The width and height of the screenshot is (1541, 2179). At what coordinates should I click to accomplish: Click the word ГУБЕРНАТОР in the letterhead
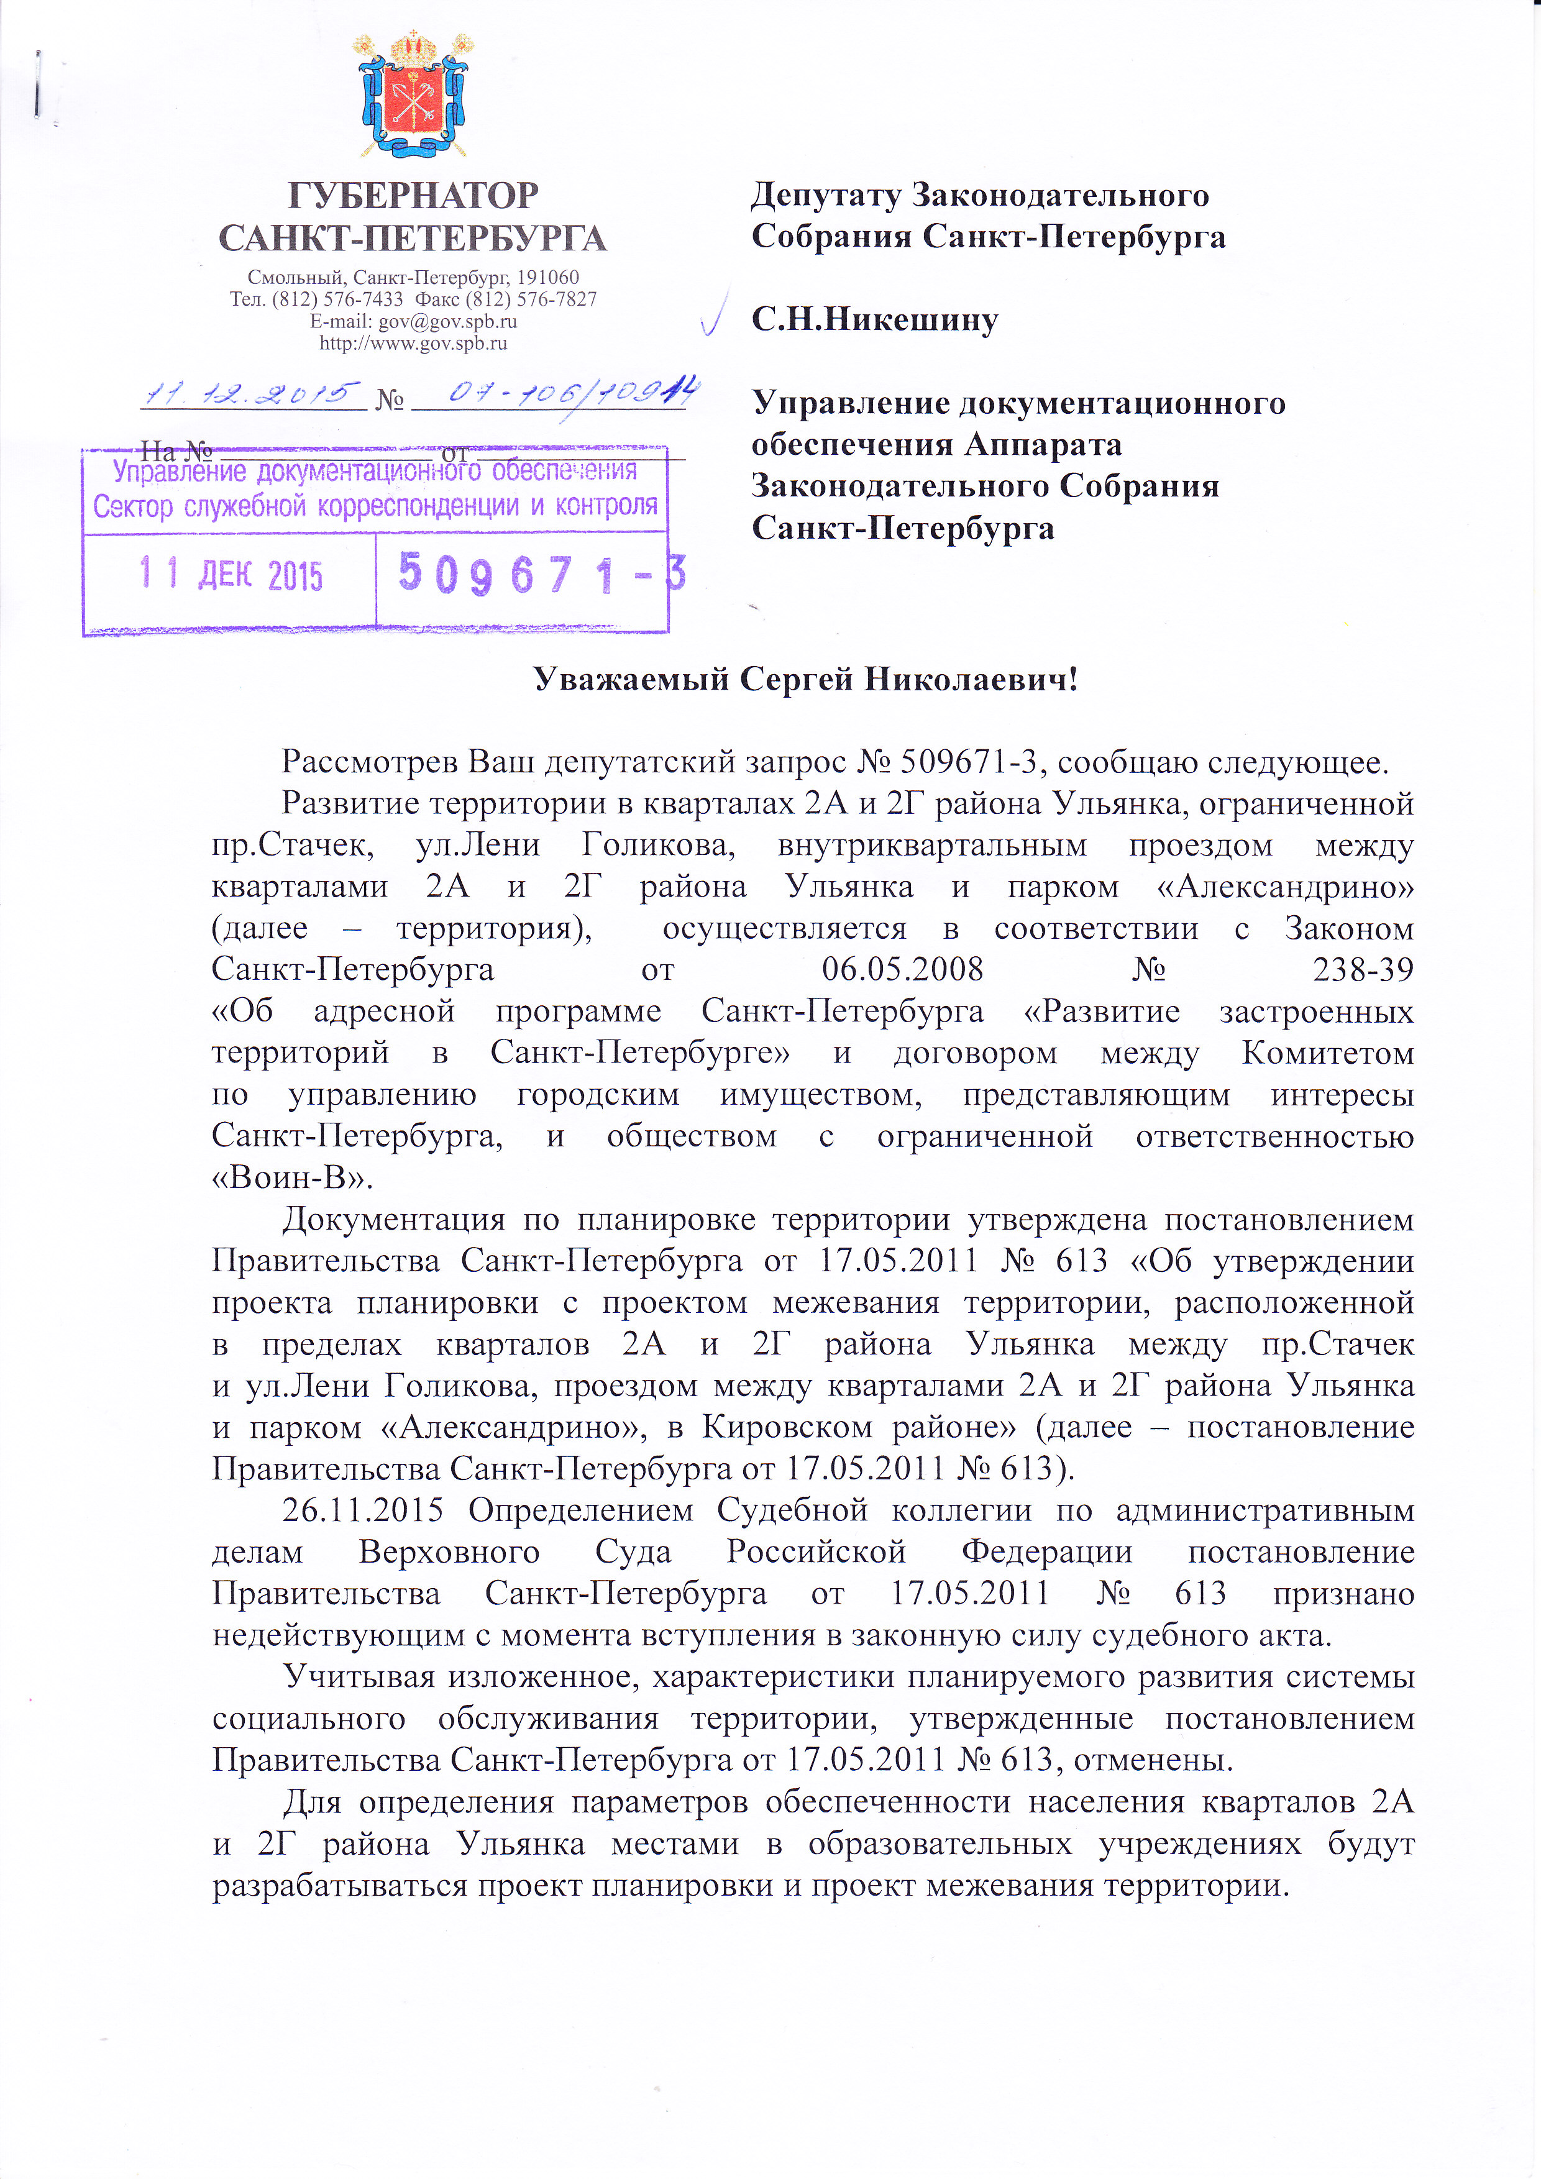(413, 196)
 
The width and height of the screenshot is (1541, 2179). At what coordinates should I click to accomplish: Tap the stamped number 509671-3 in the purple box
(541, 574)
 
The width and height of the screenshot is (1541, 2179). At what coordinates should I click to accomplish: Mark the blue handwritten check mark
(713, 313)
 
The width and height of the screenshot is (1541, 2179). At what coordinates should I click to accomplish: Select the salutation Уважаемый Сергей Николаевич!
(806, 680)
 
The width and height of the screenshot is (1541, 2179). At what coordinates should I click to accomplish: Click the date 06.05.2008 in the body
(902, 970)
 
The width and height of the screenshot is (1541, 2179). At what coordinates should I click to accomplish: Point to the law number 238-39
(1363, 970)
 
